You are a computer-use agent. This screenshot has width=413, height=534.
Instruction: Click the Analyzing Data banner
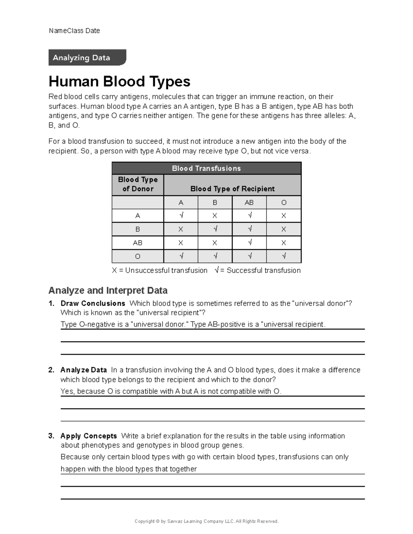pyautogui.click(x=87, y=57)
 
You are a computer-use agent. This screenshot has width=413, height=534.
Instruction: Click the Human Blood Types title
pyautogui.click(x=119, y=81)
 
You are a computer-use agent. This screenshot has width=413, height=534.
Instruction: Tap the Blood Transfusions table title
pyautogui.click(x=206, y=168)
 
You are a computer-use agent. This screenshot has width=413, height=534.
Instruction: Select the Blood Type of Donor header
pyautogui.click(x=138, y=184)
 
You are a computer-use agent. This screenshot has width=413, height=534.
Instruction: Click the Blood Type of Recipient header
pyautogui.click(x=232, y=188)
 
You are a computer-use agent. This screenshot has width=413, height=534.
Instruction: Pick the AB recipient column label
pyautogui.click(x=249, y=203)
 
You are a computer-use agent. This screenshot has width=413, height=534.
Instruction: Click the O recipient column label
pyautogui.click(x=284, y=203)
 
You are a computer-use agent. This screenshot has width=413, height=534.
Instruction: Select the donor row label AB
pyautogui.click(x=138, y=243)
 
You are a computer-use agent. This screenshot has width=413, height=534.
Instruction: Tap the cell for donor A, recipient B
pyautogui.click(x=215, y=216)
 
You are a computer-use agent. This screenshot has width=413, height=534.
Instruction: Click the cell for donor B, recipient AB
pyautogui.click(x=249, y=229)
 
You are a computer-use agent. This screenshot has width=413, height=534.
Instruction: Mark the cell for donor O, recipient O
pyautogui.click(x=284, y=256)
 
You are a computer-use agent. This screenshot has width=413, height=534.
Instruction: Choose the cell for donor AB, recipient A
pyautogui.click(x=181, y=243)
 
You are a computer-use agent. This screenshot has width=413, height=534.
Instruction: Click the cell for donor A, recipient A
pyautogui.click(x=181, y=216)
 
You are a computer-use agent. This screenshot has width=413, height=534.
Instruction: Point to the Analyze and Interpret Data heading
pyautogui.click(x=108, y=291)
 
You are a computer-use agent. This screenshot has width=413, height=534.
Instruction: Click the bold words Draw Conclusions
pyautogui.click(x=93, y=303)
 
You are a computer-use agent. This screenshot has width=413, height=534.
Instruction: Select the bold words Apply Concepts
pyautogui.click(x=89, y=436)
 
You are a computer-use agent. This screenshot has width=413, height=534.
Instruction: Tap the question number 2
pyautogui.click(x=51, y=370)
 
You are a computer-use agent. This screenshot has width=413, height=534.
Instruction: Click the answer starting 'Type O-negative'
pyautogui.click(x=193, y=324)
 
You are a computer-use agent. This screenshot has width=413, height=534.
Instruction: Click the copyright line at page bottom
pyautogui.click(x=206, y=521)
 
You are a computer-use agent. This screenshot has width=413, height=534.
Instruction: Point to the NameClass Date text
pyautogui.click(x=74, y=31)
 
